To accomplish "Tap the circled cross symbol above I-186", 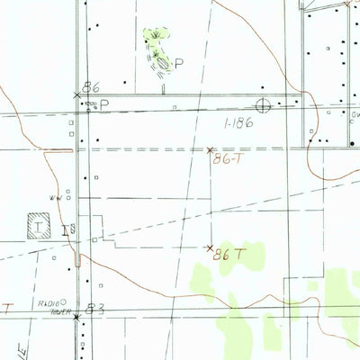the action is coord(264,103).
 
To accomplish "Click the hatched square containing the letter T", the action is coord(39,222).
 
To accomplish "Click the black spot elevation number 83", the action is coord(96,309).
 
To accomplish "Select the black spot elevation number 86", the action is coord(90,87).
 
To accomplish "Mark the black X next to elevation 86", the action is coord(76,94).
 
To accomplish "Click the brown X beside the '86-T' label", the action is coord(210,149).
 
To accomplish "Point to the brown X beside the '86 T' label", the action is coord(211,247).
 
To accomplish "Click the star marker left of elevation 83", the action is coord(76,317).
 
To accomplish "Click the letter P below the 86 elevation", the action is coord(103,104).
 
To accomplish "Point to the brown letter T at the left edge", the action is coord(7,308).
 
